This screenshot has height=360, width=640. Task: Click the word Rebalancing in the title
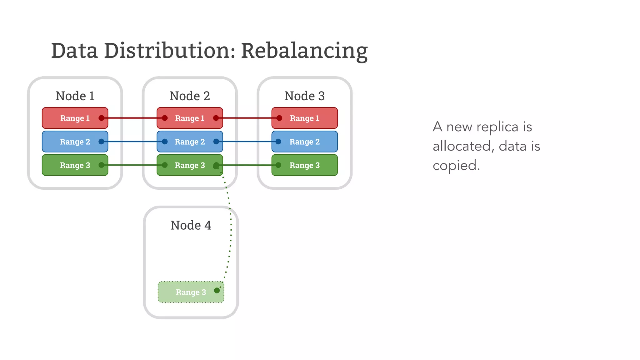coord(304,51)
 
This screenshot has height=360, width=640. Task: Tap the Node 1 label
coord(75,96)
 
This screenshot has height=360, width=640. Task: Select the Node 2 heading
coord(190,96)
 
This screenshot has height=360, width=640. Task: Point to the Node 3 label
coord(304,96)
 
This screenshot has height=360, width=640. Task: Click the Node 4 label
coord(191,225)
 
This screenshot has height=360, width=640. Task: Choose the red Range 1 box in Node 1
coord(75,118)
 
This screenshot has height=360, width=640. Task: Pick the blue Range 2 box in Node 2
coord(190,142)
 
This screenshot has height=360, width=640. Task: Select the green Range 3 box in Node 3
coord(304,165)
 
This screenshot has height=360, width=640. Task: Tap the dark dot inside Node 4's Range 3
coord(217,291)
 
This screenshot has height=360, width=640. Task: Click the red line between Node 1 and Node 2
coord(132,118)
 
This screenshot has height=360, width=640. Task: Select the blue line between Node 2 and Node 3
coord(247,142)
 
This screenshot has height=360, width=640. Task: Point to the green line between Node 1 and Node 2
coord(132,165)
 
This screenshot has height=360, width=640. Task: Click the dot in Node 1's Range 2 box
coord(101,142)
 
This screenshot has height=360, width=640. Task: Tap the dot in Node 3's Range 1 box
coord(279,118)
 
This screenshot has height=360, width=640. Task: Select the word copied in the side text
coord(456,166)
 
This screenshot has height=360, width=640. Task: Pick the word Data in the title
coord(74,51)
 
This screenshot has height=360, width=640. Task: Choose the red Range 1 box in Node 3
coord(304,118)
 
